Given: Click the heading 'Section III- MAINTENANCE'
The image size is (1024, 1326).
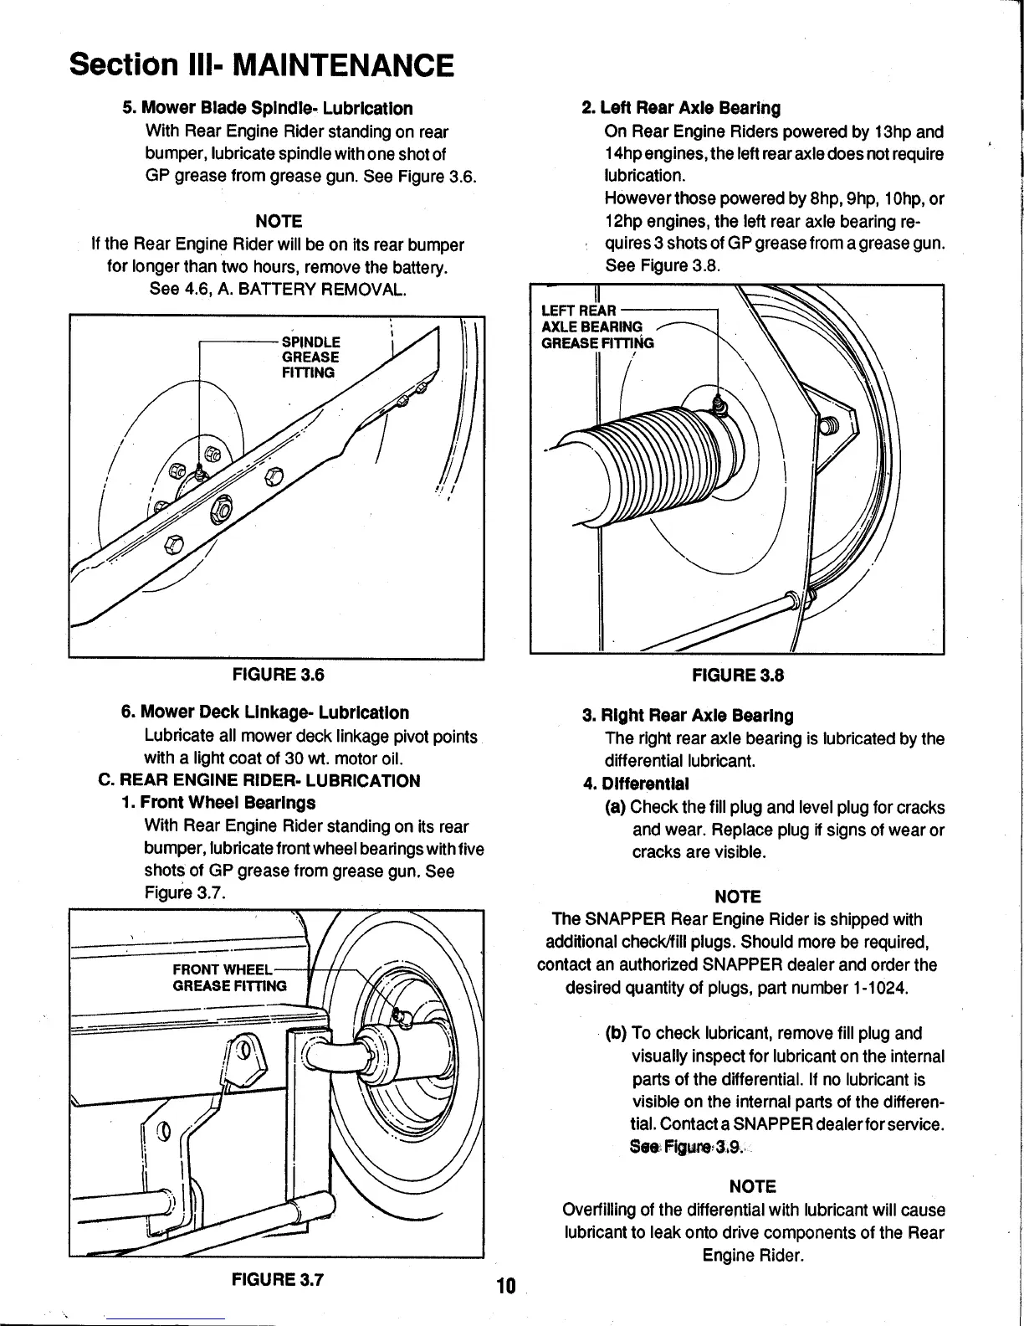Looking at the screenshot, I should [x=263, y=64].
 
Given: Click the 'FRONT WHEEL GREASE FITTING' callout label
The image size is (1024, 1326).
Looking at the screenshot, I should [x=228, y=977].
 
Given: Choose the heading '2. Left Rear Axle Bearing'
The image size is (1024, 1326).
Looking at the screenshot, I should [x=681, y=108].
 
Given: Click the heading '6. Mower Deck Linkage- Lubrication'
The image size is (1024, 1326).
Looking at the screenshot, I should [x=265, y=712].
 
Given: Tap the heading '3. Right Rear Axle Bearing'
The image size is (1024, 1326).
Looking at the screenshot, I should [x=687, y=716].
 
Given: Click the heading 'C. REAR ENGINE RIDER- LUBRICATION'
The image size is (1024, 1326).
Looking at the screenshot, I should [x=259, y=780].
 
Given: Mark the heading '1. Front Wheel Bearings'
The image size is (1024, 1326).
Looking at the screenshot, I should [x=218, y=803].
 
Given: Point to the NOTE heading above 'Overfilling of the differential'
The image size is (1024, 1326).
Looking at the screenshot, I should [x=753, y=1186].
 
